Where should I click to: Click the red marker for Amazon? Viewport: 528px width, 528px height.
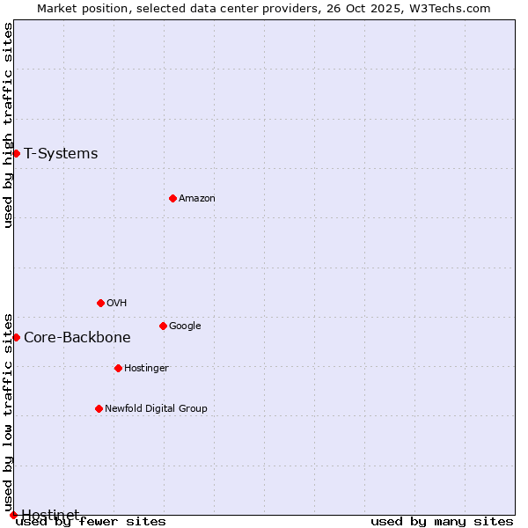click(x=172, y=198)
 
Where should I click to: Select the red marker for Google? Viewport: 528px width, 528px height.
click(x=163, y=326)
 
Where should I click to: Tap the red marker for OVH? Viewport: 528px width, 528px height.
click(x=100, y=303)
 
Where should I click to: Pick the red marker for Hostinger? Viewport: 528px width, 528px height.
click(x=118, y=368)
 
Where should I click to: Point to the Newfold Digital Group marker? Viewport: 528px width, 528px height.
click(x=99, y=408)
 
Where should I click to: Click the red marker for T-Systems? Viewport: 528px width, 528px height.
click(x=16, y=153)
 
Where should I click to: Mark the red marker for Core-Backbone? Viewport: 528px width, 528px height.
click(x=16, y=337)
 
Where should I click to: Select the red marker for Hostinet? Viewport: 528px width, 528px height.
click(x=13, y=515)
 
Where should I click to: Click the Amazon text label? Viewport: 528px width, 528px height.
click(x=197, y=198)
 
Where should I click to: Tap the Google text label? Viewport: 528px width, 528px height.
click(x=185, y=326)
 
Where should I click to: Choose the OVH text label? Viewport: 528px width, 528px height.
click(x=117, y=303)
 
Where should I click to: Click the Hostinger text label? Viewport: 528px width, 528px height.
click(x=146, y=368)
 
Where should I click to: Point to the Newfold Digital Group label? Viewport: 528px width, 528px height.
click(x=156, y=408)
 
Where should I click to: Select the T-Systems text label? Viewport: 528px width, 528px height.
click(x=61, y=153)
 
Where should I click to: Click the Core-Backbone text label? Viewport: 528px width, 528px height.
click(x=77, y=337)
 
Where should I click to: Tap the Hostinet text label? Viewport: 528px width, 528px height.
click(x=50, y=514)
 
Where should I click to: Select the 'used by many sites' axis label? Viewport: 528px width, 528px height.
click(x=442, y=521)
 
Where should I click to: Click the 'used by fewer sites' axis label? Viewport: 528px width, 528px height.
click(x=91, y=521)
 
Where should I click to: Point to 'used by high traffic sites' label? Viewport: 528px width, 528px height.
click(x=9, y=125)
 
